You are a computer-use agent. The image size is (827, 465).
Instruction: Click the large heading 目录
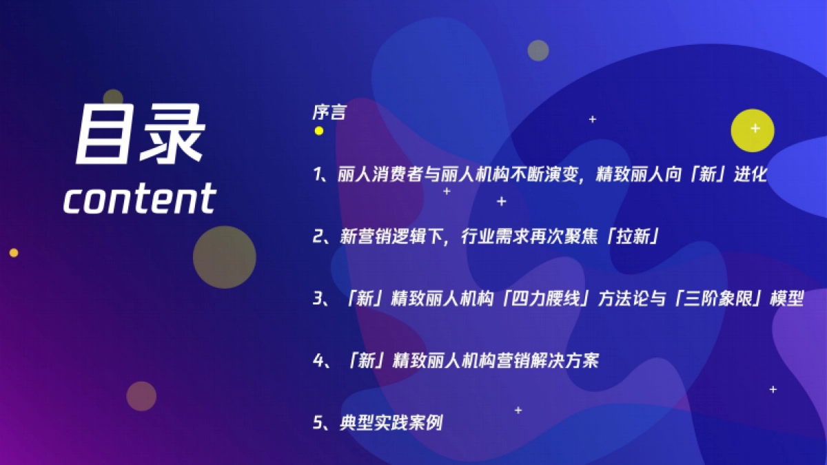click(x=140, y=136)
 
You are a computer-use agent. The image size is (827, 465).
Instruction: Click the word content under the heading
click(x=140, y=198)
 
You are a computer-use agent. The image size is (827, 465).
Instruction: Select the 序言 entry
click(x=329, y=112)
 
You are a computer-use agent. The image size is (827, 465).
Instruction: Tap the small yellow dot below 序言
click(x=318, y=130)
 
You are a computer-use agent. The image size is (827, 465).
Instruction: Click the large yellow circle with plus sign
click(x=753, y=130)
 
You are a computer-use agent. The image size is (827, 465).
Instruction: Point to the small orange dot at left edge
click(x=13, y=253)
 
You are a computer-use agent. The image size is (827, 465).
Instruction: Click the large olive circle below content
click(x=224, y=257)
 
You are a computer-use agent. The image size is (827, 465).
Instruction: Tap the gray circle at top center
click(x=538, y=50)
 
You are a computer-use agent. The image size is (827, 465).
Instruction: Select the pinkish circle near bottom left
click(x=141, y=396)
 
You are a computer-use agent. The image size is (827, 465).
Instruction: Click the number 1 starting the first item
click(x=318, y=174)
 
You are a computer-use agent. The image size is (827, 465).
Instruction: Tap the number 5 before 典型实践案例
click(x=318, y=422)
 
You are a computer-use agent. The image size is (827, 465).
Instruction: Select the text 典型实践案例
click(x=391, y=422)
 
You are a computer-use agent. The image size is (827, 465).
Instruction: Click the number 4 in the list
click(x=318, y=360)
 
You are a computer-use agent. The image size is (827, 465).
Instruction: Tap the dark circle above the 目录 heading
click(x=113, y=99)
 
